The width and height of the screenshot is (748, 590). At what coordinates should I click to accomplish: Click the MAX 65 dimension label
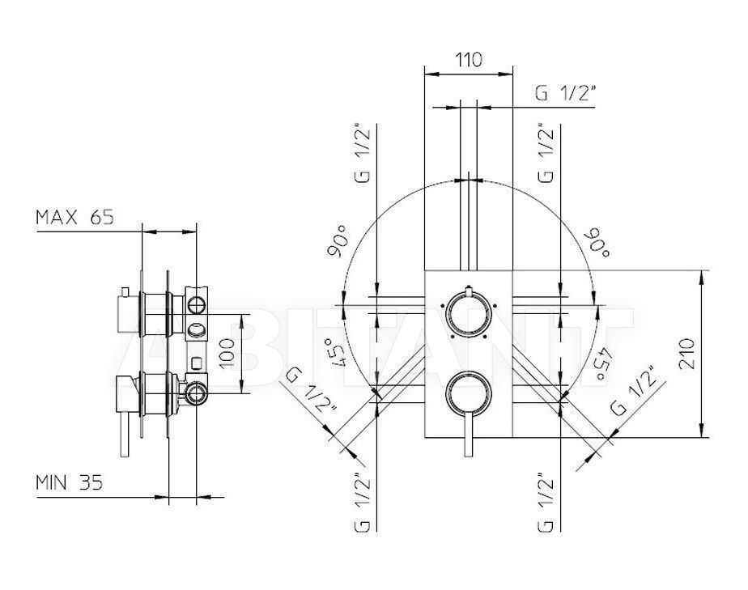point(75,218)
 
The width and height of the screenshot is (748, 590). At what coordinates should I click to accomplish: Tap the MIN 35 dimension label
point(69,482)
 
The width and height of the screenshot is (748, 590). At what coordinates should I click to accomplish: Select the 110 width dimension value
point(469,60)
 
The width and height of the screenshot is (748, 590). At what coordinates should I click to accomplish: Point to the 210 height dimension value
point(687,354)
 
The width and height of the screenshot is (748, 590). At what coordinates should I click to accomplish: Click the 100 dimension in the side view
point(227,353)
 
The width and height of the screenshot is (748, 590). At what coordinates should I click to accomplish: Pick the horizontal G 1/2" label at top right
point(566,94)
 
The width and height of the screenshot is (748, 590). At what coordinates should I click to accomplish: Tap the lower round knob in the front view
point(468,393)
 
